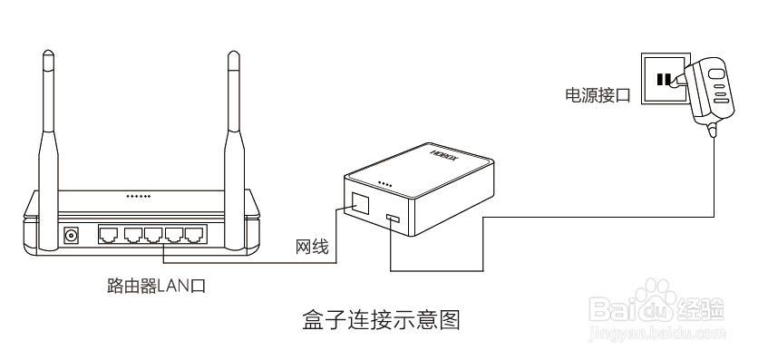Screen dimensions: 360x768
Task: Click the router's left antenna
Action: pos(48,136)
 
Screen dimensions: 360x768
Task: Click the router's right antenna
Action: pos(232,136)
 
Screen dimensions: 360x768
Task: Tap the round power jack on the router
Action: pos(72,236)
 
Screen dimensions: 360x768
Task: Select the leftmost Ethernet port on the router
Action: pos(109,235)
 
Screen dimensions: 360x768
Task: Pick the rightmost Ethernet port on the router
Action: pos(194,235)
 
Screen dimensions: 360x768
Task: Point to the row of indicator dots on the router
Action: pos(138,196)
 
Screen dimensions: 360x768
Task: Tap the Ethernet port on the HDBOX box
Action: pos(359,201)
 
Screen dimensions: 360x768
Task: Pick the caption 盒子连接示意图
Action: pos(382,320)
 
